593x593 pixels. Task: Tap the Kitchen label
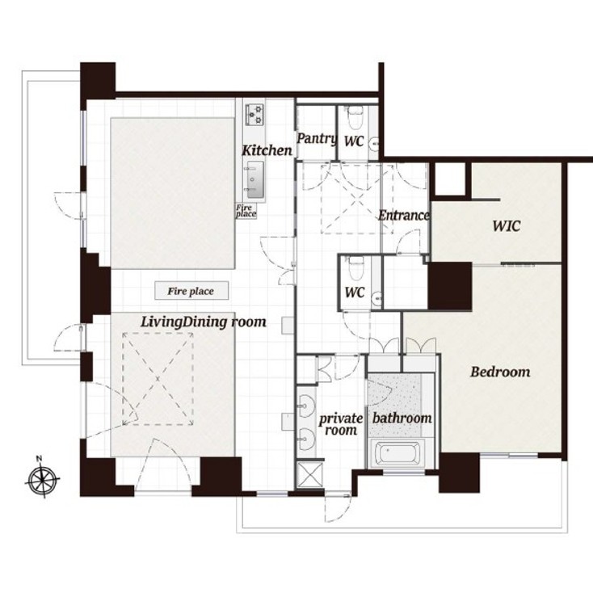pos(267,150)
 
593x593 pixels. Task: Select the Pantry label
pos(317,139)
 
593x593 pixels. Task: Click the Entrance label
pos(403,216)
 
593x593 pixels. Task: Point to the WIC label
pos(506,226)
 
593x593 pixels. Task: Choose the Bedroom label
pos(500,372)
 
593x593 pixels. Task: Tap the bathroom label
pos(402,418)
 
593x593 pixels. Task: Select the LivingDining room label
pos(203,322)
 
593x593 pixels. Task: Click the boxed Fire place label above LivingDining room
pos(191,291)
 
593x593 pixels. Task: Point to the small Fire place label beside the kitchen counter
pos(246,211)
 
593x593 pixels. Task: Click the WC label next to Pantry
pos(354,141)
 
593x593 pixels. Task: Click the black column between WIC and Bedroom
pos(449,286)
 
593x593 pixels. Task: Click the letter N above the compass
pos(39,460)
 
